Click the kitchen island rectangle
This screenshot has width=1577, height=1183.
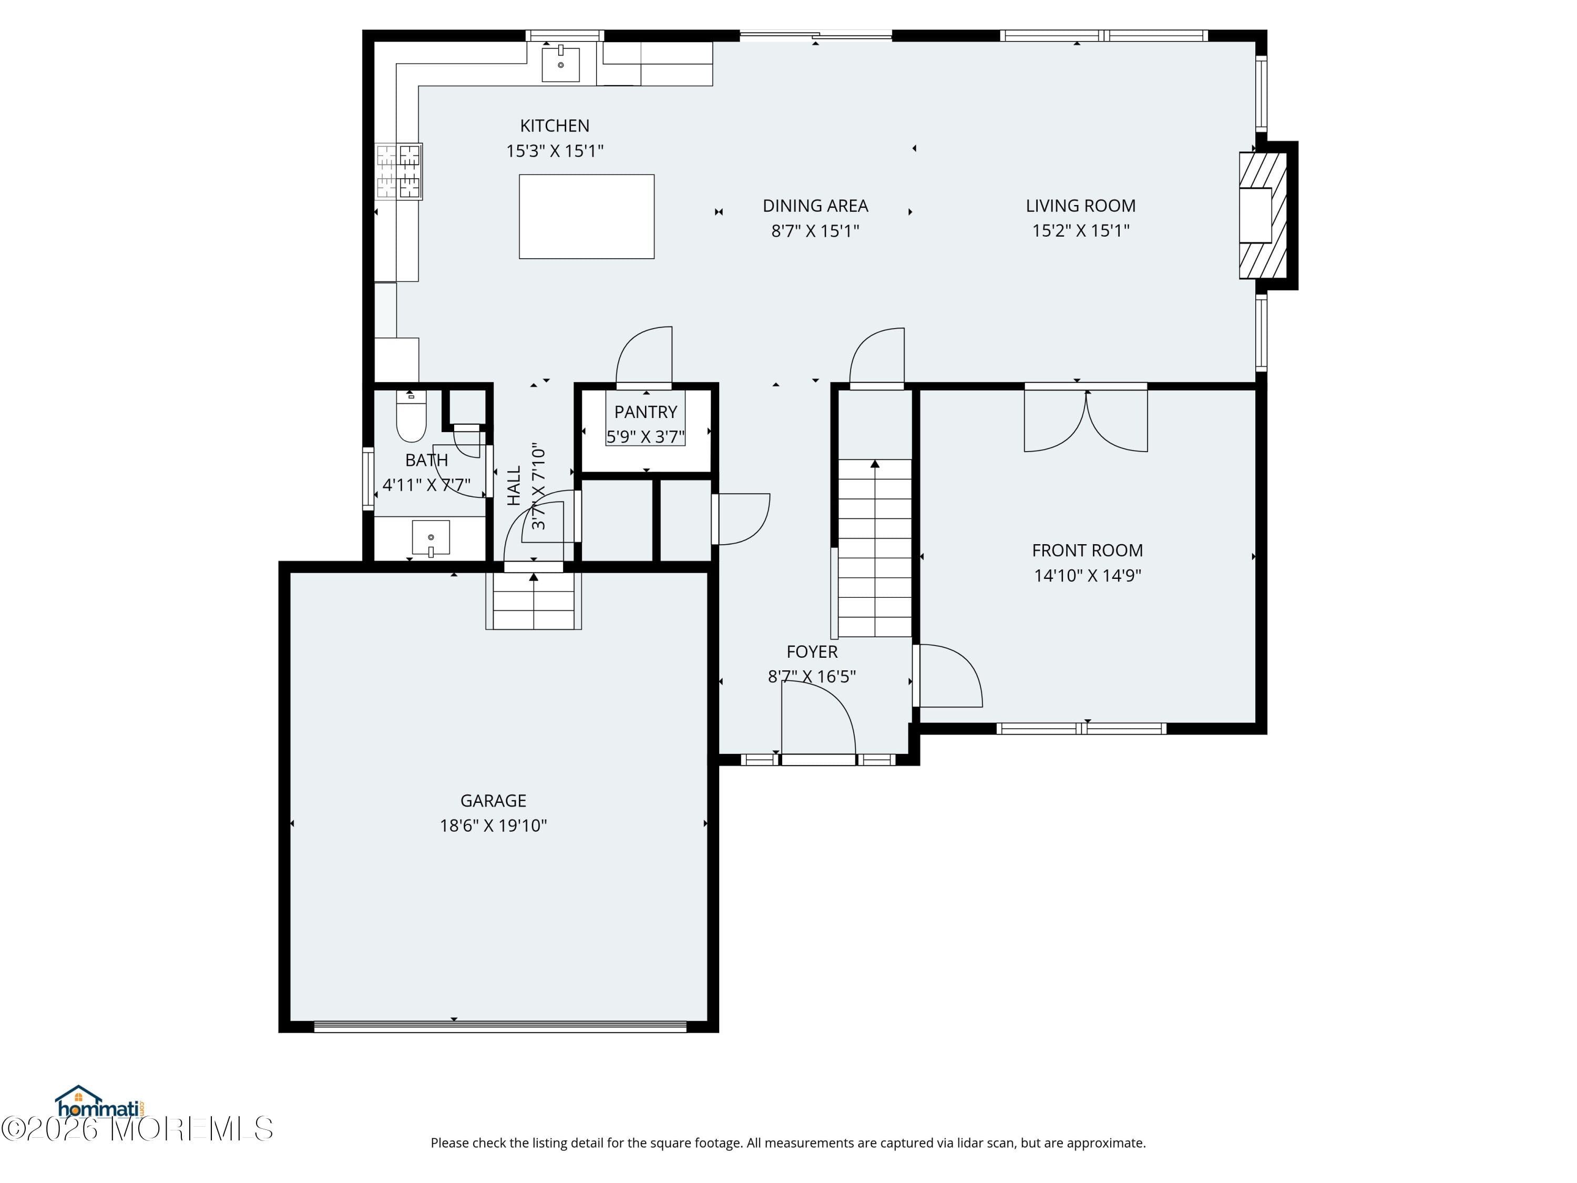(x=586, y=216)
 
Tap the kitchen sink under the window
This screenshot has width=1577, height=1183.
(x=560, y=64)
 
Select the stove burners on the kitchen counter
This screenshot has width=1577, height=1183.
(x=399, y=171)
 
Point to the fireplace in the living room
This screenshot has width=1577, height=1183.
(x=1263, y=216)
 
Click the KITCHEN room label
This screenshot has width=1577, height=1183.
(x=555, y=126)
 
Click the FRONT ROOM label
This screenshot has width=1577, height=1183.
(x=1087, y=550)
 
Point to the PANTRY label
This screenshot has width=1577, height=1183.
(x=645, y=412)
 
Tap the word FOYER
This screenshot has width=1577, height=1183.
(x=811, y=652)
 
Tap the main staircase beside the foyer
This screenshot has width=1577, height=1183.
(x=875, y=548)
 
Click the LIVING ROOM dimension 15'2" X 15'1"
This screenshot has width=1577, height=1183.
(x=1080, y=230)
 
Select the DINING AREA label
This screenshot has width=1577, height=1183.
(x=815, y=206)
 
